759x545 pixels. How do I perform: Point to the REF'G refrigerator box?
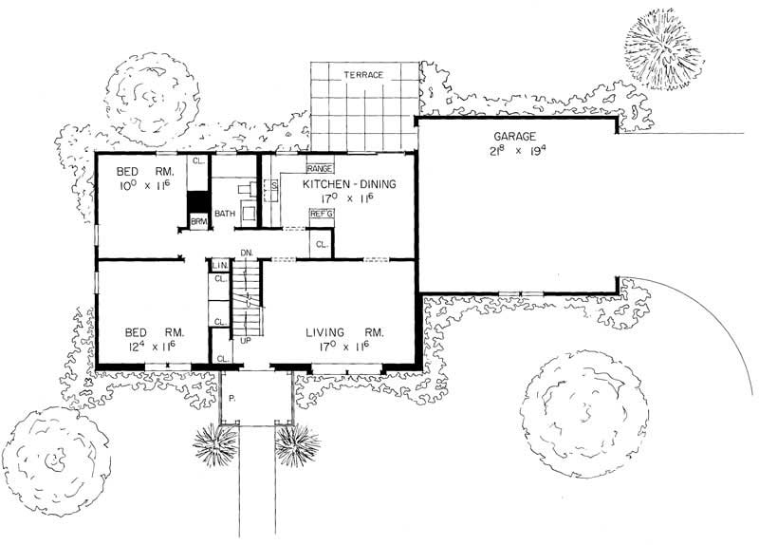click(x=322, y=215)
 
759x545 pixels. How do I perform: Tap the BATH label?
click(x=225, y=214)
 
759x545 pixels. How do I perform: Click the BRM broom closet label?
click(x=198, y=221)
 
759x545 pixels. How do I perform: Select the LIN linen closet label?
click(x=217, y=265)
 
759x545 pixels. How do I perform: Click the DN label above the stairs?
click(x=245, y=252)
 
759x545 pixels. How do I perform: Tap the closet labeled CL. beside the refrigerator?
click(x=322, y=244)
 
